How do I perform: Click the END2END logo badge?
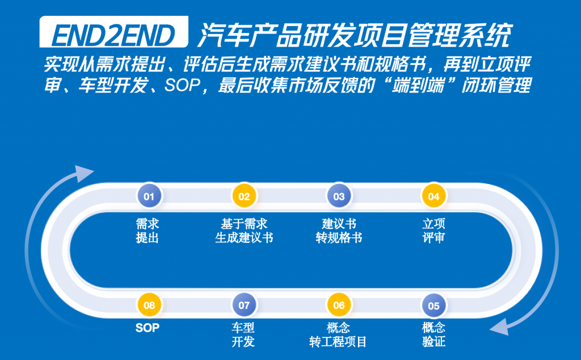click(x=113, y=32)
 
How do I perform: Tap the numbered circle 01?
click(x=149, y=196)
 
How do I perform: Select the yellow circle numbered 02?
click(x=244, y=196)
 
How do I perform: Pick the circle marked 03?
click(x=339, y=196)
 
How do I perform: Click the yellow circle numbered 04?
click(x=433, y=196)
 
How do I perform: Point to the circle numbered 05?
click(x=433, y=305)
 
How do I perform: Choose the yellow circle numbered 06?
click(x=339, y=305)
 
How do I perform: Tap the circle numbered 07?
click(x=244, y=305)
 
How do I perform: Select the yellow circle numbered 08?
click(x=149, y=305)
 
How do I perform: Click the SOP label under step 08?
click(x=148, y=328)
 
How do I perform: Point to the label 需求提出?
click(x=148, y=231)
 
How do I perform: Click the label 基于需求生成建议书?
click(x=244, y=231)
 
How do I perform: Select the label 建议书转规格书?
click(x=339, y=231)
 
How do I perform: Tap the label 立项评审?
click(x=433, y=231)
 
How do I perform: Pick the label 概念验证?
click(x=433, y=334)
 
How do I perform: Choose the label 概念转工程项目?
click(x=338, y=334)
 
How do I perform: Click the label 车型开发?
click(x=243, y=334)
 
